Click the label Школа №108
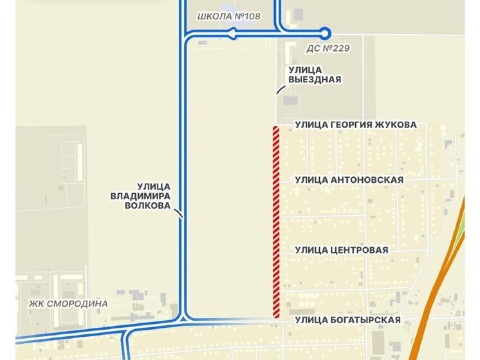click(x=228, y=15)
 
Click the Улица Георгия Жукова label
click(x=355, y=124)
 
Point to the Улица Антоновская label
click(x=349, y=180)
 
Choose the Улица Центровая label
click(x=341, y=249)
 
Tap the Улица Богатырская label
click(x=347, y=320)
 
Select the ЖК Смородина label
click(x=69, y=303)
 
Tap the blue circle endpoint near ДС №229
click(x=325, y=32)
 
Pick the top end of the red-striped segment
click(x=275, y=128)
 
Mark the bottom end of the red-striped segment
click(x=275, y=316)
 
